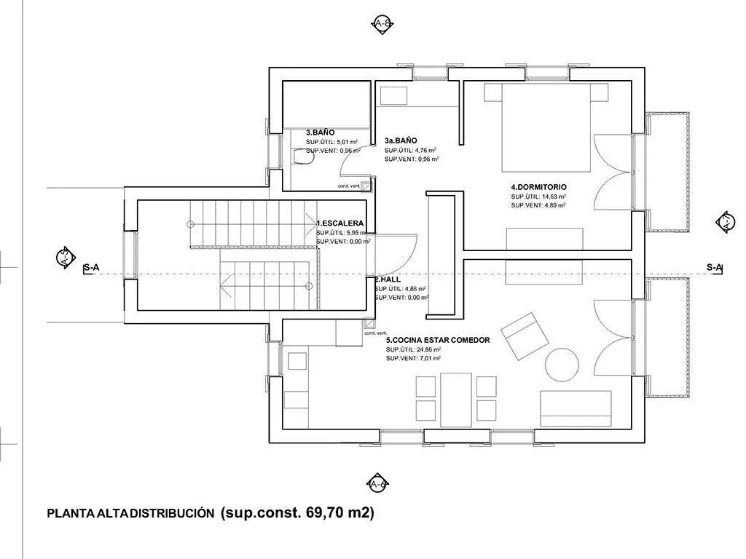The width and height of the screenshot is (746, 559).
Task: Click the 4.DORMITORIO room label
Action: [x=538, y=187]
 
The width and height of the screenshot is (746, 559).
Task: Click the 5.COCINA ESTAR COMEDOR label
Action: [x=437, y=340]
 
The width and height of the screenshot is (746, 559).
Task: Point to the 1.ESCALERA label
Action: [x=339, y=223]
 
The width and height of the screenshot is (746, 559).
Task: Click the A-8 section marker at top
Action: [x=382, y=23]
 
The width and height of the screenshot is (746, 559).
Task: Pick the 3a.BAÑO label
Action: [x=401, y=140]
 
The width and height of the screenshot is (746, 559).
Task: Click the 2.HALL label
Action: [x=387, y=279]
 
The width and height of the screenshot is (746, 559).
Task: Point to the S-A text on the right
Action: [x=715, y=268]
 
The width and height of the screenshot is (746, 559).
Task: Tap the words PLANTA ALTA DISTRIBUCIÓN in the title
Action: [x=130, y=513]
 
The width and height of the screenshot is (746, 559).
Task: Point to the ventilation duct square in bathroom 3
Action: [x=367, y=186]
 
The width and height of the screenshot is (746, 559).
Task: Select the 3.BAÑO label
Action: [x=320, y=132]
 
